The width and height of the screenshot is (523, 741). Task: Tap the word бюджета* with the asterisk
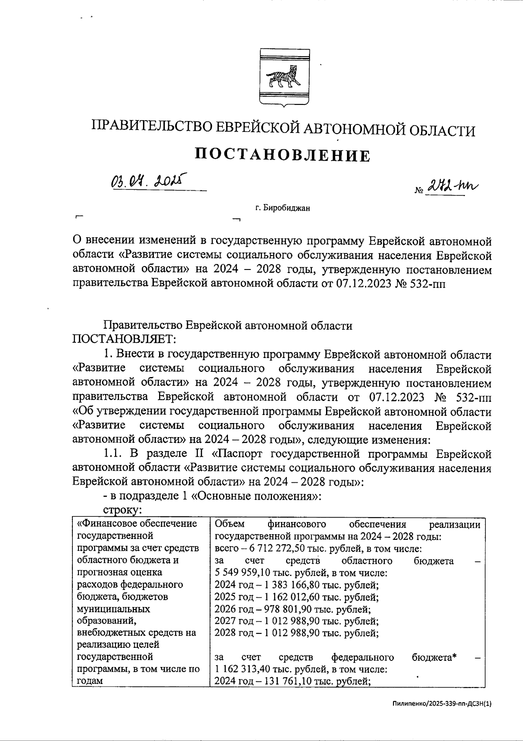[434, 657]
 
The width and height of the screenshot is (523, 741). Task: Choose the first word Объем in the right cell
[230, 524]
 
